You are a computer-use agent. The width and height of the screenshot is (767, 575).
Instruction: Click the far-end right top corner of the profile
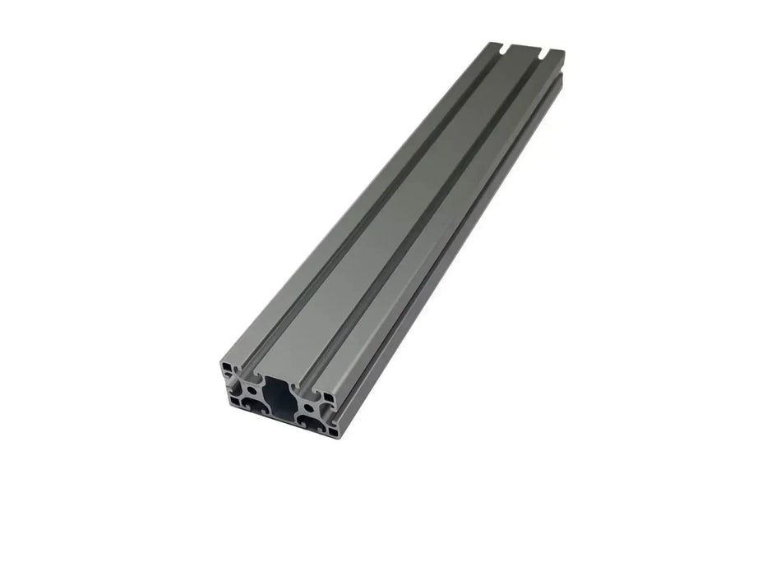564,52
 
